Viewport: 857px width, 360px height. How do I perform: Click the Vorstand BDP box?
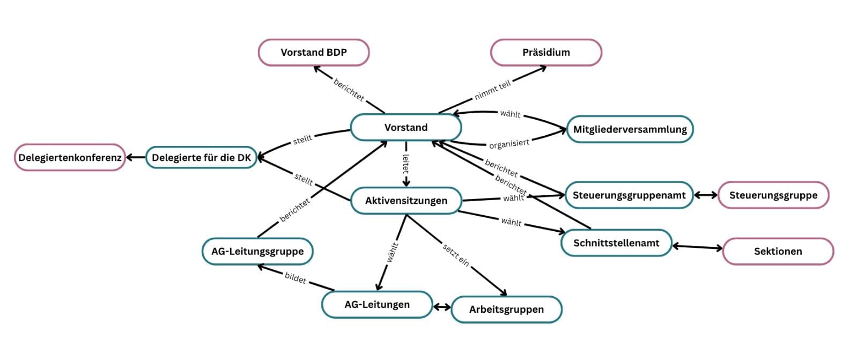click(x=314, y=53)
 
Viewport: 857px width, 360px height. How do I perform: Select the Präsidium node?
click(x=546, y=53)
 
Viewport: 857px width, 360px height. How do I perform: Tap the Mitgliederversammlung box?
click(x=630, y=129)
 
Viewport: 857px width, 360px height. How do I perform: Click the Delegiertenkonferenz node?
click(x=69, y=158)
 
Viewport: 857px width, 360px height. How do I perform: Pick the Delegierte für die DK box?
click(x=201, y=158)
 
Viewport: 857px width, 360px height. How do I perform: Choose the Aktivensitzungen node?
click(x=406, y=201)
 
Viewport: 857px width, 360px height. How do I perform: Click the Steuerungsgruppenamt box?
click(x=629, y=195)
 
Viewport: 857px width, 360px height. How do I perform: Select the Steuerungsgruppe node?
click(x=773, y=195)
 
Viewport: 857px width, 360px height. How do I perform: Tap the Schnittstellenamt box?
click(x=616, y=243)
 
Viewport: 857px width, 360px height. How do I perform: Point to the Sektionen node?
click(x=778, y=251)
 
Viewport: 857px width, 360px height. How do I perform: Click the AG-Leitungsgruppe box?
click(x=257, y=251)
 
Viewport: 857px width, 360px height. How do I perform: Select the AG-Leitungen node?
click(x=376, y=305)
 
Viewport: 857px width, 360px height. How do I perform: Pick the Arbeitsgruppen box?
click(x=506, y=310)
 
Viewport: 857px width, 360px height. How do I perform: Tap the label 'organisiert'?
click(x=509, y=144)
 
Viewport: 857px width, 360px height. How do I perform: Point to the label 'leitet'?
click(x=406, y=164)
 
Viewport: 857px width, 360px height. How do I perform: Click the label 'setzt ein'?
click(x=456, y=255)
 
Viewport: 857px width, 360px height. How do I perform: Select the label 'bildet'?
click(x=295, y=278)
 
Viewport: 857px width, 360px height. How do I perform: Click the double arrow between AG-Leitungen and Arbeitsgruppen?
click(x=442, y=307)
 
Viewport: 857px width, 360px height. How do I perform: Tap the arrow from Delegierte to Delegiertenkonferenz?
click(x=136, y=158)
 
